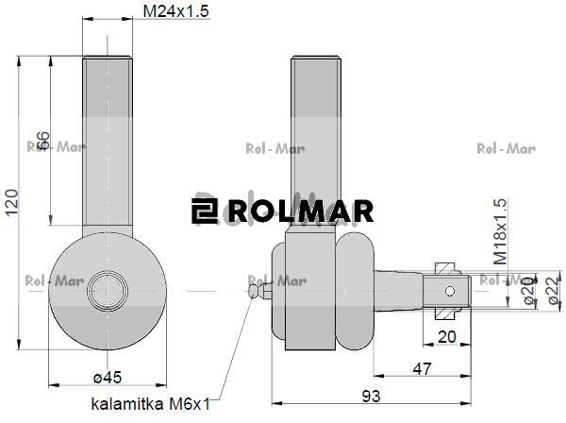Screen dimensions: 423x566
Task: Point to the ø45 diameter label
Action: (108, 378)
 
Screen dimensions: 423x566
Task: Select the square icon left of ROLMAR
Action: (204, 211)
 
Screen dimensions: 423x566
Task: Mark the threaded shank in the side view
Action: (313, 142)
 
